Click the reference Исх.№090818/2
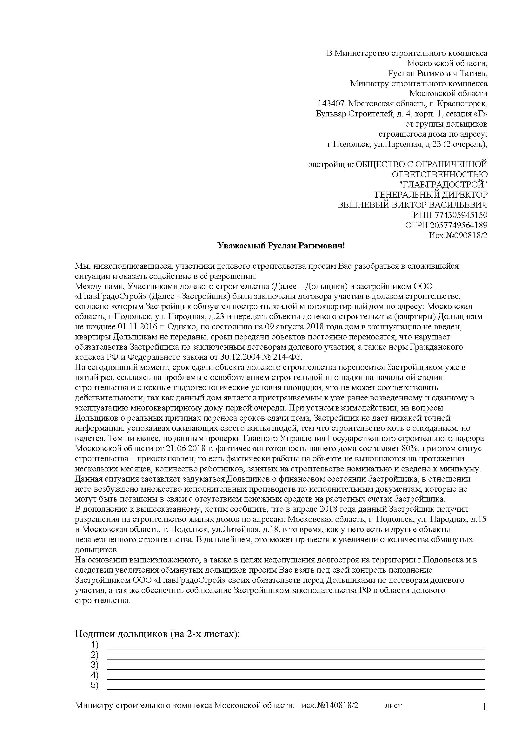458,235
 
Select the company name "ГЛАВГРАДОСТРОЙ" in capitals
443,185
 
